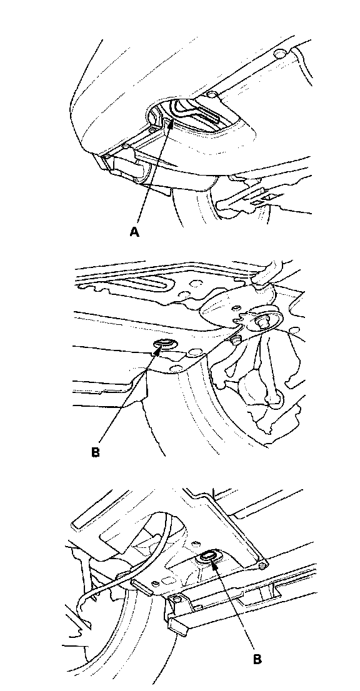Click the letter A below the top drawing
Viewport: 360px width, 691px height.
click(x=134, y=232)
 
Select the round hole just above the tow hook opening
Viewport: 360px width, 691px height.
click(x=212, y=95)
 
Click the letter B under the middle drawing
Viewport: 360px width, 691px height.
click(x=96, y=452)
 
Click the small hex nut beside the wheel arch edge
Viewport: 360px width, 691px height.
click(x=235, y=340)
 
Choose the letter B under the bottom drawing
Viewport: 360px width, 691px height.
click(x=257, y=659)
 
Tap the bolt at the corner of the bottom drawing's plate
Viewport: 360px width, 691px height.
click(x=262, y=564)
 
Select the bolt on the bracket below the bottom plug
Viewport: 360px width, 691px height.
click(x=177, y=599)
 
